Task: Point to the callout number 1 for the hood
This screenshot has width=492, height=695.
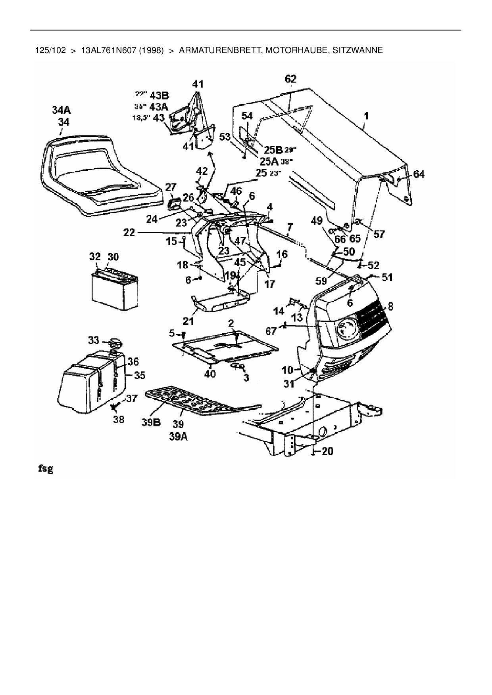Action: (x=366, y=116)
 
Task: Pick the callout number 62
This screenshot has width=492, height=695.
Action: (x=290, y=79)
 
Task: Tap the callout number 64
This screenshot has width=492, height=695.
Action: (x=419, y=174)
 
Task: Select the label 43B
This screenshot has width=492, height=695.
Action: (x=158, y=95)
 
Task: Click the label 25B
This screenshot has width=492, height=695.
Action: (x=273, y=150)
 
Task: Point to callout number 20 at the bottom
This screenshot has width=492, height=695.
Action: (x=327, y=451)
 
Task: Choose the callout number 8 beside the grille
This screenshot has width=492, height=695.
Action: (x=390, y=306)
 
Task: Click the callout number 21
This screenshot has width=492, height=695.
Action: (x=188, y=320)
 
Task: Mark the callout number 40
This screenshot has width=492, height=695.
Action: (x=209, y=373)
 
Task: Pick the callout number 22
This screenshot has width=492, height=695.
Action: (x=129, y=233)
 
